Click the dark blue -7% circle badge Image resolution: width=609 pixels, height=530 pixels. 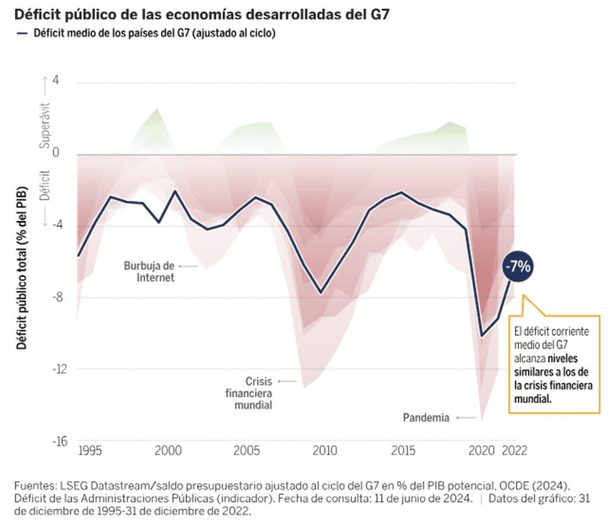click(x=518, y=267)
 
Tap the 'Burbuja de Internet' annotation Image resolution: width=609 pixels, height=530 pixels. click(x=149, y=271)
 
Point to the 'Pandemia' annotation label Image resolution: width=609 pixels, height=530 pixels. click(x=426, y=418)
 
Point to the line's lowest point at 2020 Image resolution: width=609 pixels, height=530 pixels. click(x=482, y=336)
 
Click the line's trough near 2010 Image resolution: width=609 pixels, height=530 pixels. click(x=321, y=293)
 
